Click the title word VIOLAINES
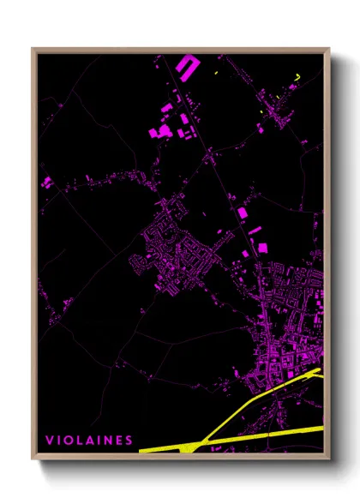click(x=89, y=441)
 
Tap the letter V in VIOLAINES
click(x=49, y=441)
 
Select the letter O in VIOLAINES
click(x=68, y=441)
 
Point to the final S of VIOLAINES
click(x=129, y=441)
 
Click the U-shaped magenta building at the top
click(x=186, y=64)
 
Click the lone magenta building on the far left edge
click(x=46, y=182)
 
